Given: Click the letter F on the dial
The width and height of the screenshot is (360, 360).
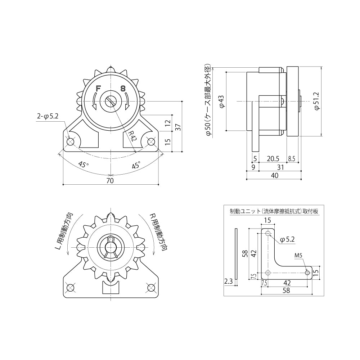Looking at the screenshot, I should (x=98, y=88).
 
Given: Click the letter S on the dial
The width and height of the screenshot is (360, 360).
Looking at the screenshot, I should (x=123, y=88).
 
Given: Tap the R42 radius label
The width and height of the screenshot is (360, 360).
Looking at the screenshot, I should (x=133, y=136).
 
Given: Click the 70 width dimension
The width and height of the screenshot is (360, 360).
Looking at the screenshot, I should (x=110, y=181).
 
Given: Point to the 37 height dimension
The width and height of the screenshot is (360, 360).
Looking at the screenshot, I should (x=177, y=127).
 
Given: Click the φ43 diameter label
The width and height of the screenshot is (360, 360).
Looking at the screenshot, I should (x=222, y=101).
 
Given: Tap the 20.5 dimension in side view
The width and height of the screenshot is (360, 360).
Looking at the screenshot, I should (x=273, y=158).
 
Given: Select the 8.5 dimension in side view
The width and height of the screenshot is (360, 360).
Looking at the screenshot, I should (x=292, y=158).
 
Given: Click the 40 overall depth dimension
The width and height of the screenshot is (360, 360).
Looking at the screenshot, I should (x=274, y=176).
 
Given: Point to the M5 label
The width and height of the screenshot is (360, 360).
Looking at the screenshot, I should (x=298, y=256).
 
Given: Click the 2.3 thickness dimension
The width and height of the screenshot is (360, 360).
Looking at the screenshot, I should (x=228, y=282).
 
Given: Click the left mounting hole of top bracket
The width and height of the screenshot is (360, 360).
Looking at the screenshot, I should (x=70, y=142).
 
